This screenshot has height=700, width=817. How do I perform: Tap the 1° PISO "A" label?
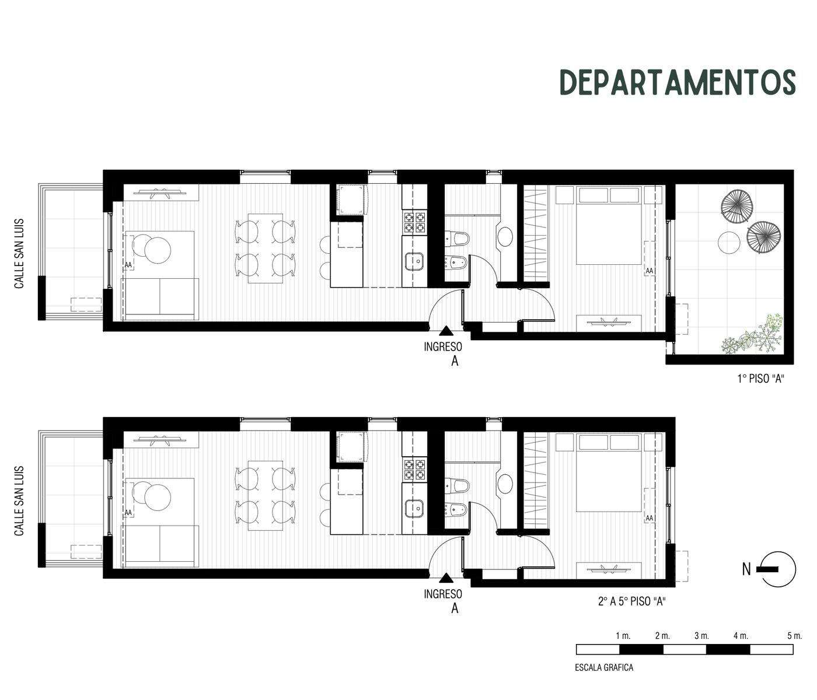click(760, 379)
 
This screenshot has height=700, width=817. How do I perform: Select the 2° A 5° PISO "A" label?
click(632, 601)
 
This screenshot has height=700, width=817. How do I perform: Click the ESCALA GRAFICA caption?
click(604, 667)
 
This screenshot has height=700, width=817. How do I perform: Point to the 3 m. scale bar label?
click(701, 636)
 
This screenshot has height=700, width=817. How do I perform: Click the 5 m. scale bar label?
click(794, 636)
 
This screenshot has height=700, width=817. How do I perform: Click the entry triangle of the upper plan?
click(446, 331)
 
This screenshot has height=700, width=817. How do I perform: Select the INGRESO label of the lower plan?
click(443, 594)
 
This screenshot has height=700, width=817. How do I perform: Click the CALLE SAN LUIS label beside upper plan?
click(19, 254)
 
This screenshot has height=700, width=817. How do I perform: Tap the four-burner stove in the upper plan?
click(414, 222)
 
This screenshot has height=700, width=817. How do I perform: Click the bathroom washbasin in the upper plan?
click(505, 237)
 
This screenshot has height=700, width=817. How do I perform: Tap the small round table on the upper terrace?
click(729, 243)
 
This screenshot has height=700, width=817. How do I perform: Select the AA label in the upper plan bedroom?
click(650, 271)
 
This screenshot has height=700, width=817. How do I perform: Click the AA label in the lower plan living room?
click(128, 513)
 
